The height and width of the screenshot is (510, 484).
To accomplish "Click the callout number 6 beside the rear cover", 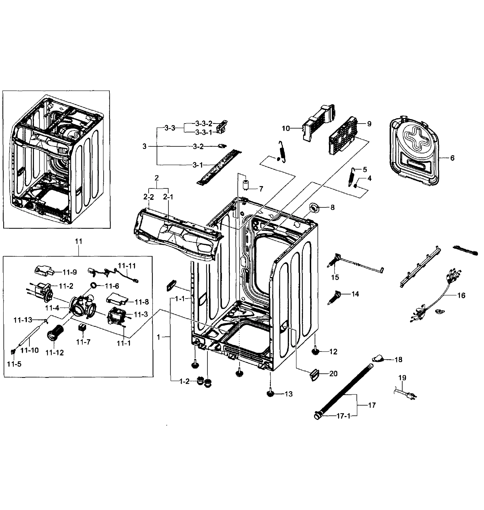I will point(452,158).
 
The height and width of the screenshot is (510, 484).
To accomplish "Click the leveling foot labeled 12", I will point(315,351).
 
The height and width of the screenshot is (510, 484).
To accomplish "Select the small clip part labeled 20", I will point(314,374).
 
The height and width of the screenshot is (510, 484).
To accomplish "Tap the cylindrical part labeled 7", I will point(246,185).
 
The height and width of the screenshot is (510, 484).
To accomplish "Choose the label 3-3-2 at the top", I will point(204,123).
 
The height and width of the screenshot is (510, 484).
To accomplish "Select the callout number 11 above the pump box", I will point(78,241).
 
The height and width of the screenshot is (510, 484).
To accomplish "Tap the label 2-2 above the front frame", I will point(148,197).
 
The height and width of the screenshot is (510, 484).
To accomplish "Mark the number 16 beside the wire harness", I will point(461,295).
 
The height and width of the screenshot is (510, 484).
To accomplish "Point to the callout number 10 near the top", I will point(286,128).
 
